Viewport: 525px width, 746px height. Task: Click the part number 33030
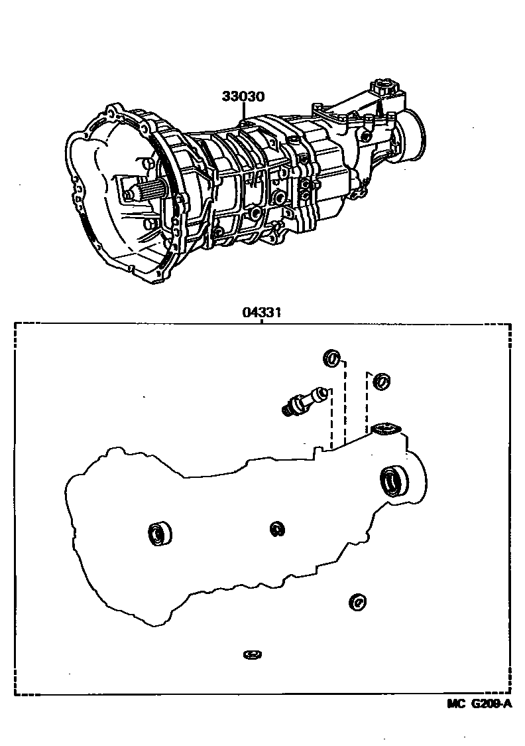(243, 97)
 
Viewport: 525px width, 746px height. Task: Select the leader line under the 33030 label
(243, 112)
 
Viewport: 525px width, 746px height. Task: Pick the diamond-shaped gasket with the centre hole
(384, 430)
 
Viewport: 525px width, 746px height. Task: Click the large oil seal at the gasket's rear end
(395, 481)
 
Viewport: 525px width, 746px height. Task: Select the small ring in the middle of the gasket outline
(278, 528)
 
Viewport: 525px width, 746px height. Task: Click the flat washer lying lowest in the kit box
(252, 655)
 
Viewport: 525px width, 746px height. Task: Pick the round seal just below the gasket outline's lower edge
(357, 602)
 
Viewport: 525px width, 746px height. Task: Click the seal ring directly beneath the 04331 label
(331, 359)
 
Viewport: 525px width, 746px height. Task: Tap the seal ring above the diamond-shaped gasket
(382, 382)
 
